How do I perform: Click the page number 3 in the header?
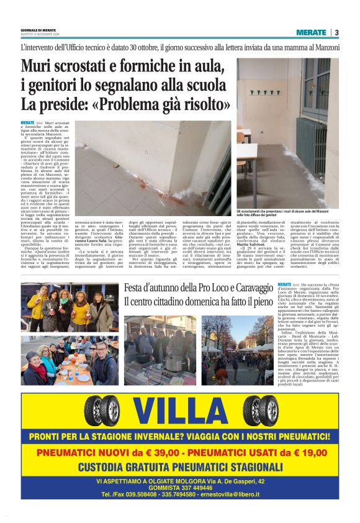(336, 32)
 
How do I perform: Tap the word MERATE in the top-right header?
(312, 32)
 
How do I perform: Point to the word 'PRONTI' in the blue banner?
(50, 437)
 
